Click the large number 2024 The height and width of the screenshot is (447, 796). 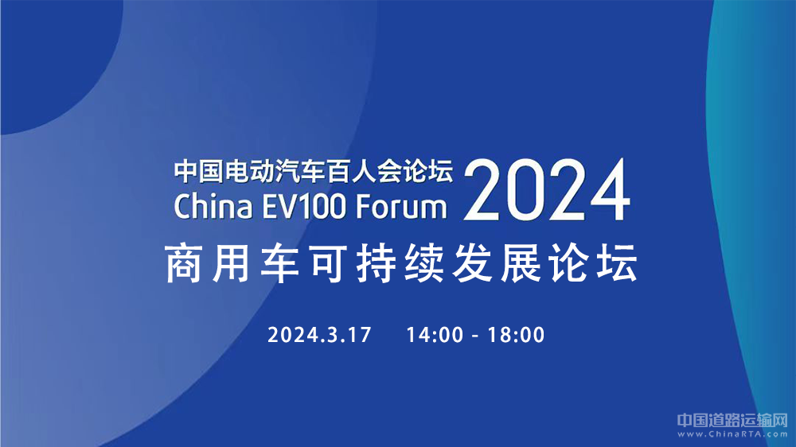click(x=547, y=189)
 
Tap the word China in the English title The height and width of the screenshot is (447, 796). click(x=213, y=207)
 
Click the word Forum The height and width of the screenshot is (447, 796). click(x=401, y=207)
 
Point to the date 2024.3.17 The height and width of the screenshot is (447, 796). click(x=319, y=335)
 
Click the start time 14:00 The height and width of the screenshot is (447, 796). click(x=435, y=335)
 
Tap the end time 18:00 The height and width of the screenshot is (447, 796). click(x=516, y=335)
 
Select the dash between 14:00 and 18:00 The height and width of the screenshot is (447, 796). click(x=476, y=336)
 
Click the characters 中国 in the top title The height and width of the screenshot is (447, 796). click(x=199, y=171)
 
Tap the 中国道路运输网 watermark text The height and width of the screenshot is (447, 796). click(x=732, y=420)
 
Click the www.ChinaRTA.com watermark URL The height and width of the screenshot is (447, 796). click(x=732, y=433)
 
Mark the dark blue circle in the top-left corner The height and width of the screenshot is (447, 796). click(x=56, y=61)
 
